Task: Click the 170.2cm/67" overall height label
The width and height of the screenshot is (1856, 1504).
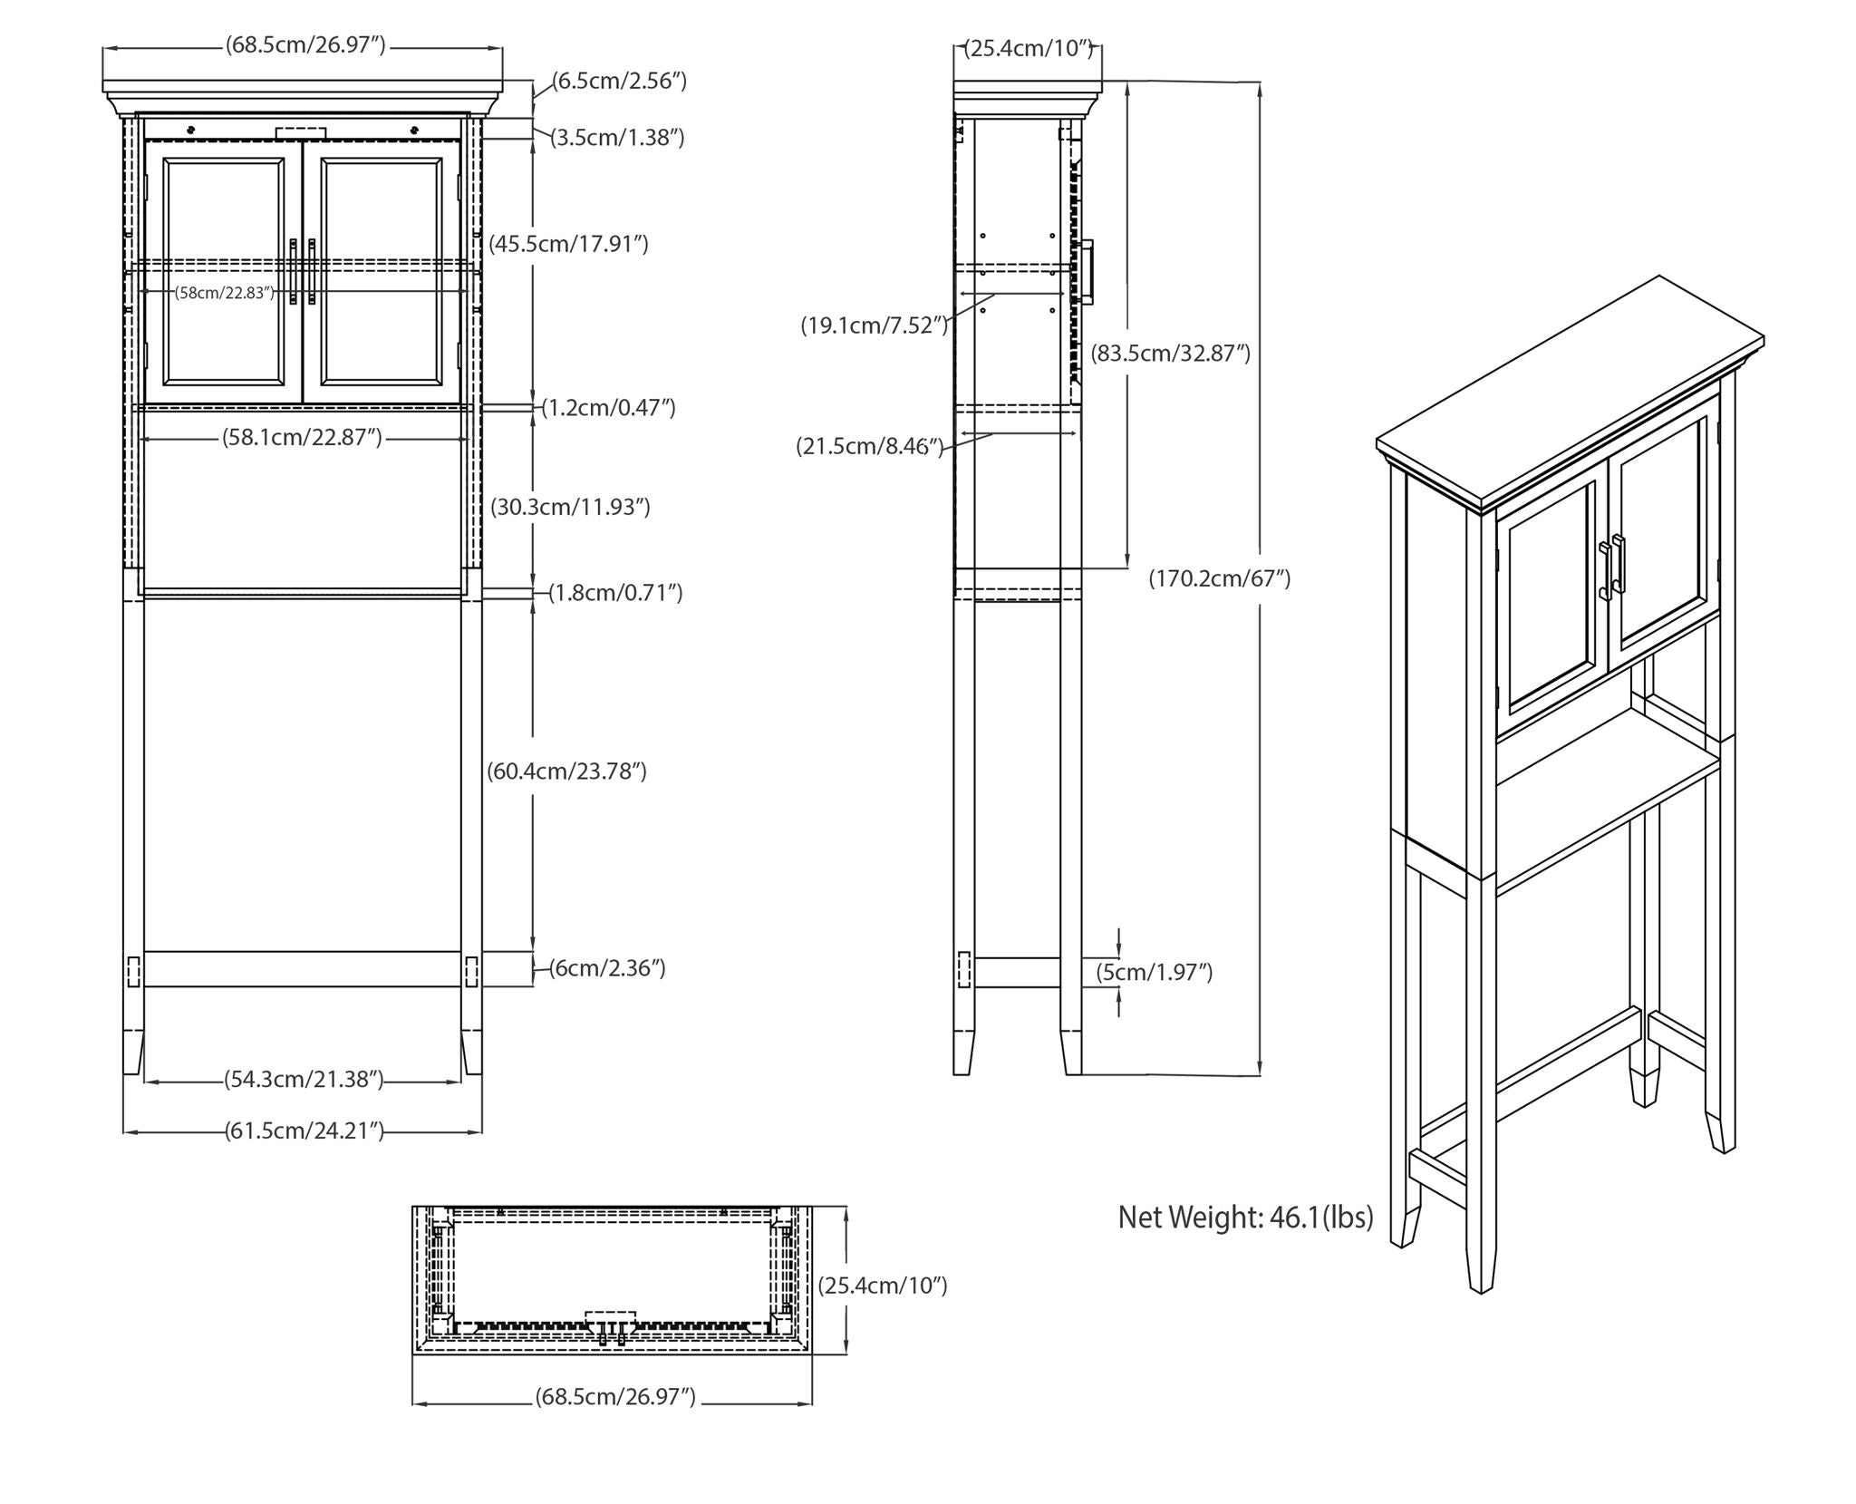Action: coord(1219,578)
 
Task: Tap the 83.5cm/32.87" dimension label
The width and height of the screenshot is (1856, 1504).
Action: coord(1170,353)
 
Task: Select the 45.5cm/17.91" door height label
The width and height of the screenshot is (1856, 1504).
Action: coord(568,244)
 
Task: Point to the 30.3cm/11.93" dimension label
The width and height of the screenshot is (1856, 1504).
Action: coord(570,507)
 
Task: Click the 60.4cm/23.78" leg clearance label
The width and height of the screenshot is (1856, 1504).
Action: coord(566,771)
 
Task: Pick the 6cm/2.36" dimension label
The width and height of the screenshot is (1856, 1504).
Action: coord(607,968)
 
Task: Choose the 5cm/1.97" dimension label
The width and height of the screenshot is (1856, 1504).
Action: coord(1154,973)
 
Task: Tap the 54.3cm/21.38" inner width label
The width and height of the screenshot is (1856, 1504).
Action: coord(304,1080)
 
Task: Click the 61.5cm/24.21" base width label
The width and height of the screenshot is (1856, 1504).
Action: coord(304,1130)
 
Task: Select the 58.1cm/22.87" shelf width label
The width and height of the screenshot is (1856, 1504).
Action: coord(302,438)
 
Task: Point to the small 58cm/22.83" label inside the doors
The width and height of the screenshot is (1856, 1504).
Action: coord(225,293)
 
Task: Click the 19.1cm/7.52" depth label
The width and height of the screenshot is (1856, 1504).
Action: coord(874,325)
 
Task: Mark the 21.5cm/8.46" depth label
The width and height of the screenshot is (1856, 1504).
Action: coord(870,446)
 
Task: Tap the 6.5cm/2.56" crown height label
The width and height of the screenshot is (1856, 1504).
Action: coord(619,81)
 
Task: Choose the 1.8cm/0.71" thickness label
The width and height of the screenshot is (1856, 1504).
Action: coord(615,593)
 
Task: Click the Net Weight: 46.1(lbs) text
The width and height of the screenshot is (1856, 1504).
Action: coord(1245,1218)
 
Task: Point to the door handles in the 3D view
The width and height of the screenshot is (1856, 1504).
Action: coord(1612,567)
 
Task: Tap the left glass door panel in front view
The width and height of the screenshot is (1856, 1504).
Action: coord(224,271)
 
